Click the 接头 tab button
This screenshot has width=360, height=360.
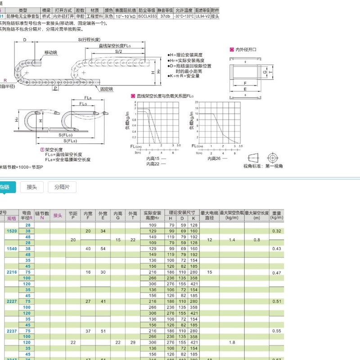click(x=31, y=187)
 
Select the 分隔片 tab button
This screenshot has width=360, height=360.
click(x=62, y=187)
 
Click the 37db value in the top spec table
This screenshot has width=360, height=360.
click(x=165, y=16)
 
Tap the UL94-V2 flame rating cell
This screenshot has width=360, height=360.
click(x=202, y=16)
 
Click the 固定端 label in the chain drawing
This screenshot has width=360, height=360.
click(x=107, y=89)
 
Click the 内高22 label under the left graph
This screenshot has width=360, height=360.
click(x=153, y=164)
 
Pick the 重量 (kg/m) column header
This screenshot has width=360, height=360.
click(x=276, y=215)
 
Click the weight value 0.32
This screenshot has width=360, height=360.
click(x=276, y=230)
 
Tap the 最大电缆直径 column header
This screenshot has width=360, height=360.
click(x=209, y=215)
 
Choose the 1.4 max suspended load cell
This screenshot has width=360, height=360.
click(x=232, y=240)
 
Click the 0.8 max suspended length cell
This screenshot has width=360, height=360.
click(x=256, y=240)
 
